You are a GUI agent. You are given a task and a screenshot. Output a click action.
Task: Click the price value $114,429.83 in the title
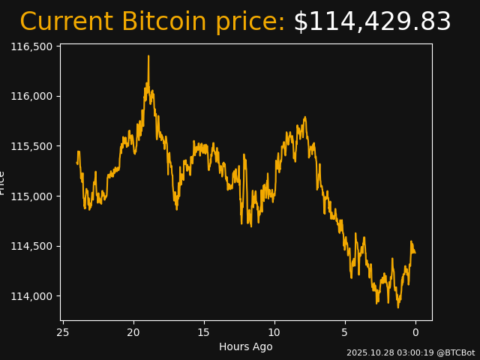pos(372,22)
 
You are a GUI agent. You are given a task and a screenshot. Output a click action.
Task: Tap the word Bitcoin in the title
pos(163,22)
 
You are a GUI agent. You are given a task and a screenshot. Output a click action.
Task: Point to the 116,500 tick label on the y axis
pos(34,46)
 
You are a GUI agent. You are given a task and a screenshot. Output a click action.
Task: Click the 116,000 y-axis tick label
pos(34,96)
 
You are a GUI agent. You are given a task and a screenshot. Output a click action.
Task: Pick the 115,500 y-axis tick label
pos(34,146)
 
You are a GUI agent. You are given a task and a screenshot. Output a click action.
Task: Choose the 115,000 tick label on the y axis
pos(34,196)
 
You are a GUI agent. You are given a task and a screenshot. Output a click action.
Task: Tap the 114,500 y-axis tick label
pos(34,246)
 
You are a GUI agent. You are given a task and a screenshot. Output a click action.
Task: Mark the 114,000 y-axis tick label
pos(34,296)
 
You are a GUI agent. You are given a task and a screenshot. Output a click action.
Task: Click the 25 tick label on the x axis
pos(63,332)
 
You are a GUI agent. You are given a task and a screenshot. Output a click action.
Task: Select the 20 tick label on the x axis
pos(133,332)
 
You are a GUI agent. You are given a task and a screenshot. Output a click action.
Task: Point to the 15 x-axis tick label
pos(204,332)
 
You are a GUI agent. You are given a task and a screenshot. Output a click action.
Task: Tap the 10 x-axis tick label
pos(274,332)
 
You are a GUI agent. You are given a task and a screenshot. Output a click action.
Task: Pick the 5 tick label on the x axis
pos(345,332)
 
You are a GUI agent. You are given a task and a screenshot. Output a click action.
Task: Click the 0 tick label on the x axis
pos(415,332)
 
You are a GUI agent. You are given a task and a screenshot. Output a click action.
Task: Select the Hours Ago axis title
pos(245,346)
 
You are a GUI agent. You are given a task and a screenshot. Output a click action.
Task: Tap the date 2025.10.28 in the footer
pos(370,352)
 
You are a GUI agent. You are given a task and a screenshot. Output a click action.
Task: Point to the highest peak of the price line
pos(148,56)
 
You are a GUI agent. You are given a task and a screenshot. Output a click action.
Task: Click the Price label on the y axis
pos(3,182)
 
